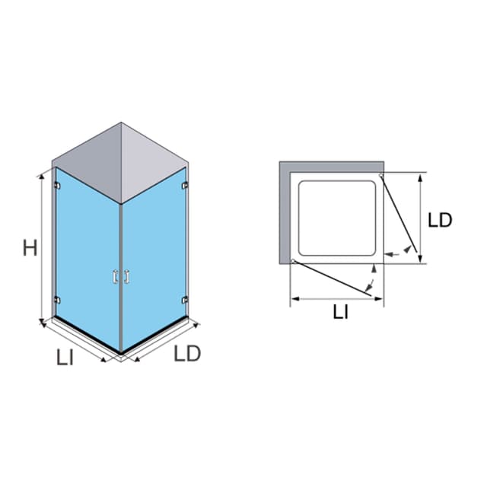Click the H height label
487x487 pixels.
click(x=30, y=247)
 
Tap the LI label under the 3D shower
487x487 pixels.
click(x=65, y=357)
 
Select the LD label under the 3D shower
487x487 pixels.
click(x=187, y=353)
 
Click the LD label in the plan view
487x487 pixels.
click(x=440, y=220)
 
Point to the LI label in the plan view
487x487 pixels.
click(x=340, y=312)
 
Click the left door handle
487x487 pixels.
click(x=116, y=277)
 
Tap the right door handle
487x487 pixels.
click(x=126, y=277)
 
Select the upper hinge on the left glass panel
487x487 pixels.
click(x=57, y=186)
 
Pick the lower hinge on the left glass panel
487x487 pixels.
click(x=57, y=300)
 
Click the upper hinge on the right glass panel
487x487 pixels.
click(x=185, y=186)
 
